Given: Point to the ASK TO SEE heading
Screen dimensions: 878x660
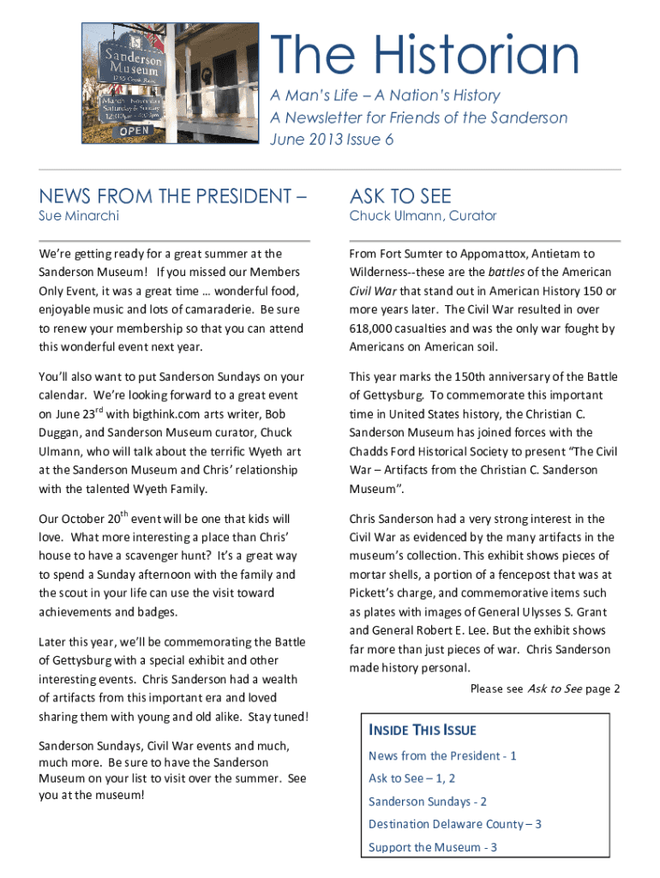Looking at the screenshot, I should (x=400, y=196).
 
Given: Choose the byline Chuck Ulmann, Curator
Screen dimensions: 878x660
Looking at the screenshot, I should (x=423, y=216).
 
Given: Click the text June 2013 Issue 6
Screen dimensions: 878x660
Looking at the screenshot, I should (x=332, y=140).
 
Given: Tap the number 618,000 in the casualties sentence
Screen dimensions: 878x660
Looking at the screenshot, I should (x=375, y=328).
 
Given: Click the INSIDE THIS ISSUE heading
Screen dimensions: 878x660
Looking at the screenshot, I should (x=422, y=731).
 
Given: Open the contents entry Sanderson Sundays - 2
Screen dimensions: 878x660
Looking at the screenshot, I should (x=428, y=801).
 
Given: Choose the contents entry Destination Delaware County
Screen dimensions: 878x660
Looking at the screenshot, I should (x=454, y=824).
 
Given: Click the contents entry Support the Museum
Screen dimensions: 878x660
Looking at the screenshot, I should (x=433, y=847).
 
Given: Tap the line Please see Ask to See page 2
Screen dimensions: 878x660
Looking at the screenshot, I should (x=545, y=689).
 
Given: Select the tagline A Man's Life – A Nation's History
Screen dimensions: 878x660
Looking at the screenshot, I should (x=385, y=95).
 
